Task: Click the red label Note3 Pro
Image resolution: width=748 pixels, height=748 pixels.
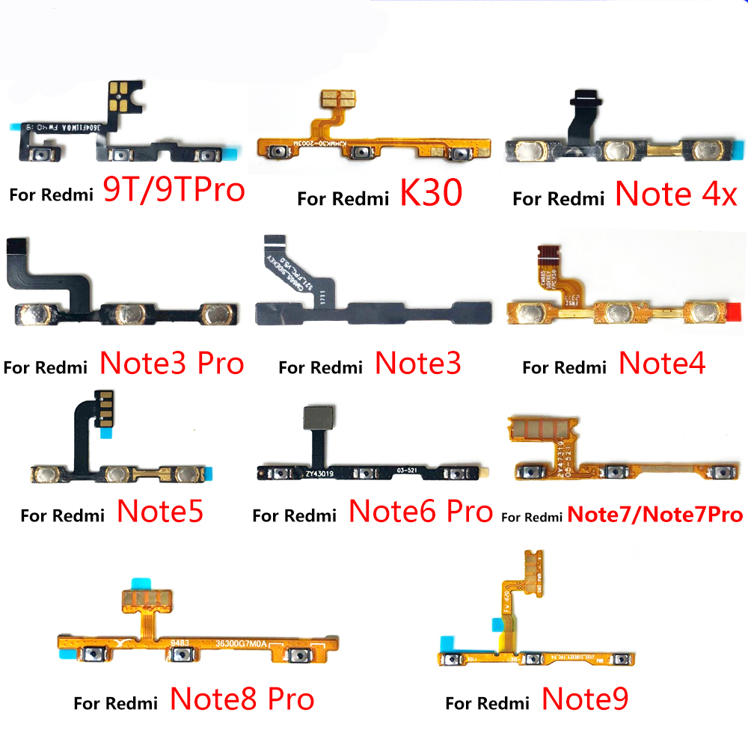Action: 172,364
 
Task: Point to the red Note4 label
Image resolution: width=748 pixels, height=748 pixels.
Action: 662,364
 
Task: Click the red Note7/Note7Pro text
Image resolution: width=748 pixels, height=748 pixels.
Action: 655,515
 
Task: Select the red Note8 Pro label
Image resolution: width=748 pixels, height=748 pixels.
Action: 242,699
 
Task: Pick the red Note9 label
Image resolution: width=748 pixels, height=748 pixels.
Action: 585,699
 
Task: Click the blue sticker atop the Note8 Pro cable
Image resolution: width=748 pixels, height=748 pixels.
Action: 141,583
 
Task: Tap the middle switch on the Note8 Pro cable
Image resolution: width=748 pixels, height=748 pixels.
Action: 179,655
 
